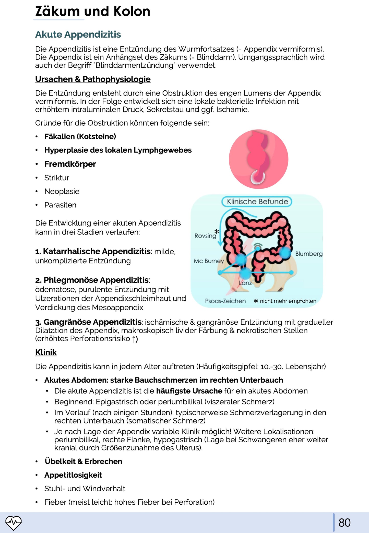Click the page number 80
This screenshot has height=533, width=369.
[x=344, y=523]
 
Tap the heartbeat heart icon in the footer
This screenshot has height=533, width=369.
[x=14, y=523]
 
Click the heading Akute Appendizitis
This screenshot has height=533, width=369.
[x=78, y=34]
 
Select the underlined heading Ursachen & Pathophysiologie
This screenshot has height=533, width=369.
[x=93, y=79]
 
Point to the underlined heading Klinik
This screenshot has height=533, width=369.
[x=46, y=352]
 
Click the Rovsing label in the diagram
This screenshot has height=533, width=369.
[x=205, y=236]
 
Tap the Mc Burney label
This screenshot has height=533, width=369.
[x=209, y=261]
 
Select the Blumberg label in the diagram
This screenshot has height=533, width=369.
[x=309, y=254]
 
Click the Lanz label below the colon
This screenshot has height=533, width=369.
[x=245, y=283]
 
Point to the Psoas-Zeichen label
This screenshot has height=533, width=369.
[x=225, y=301]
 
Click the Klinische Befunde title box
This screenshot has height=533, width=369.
[x=257, y=202]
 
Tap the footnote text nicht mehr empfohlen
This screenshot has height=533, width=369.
[x=288, y=301]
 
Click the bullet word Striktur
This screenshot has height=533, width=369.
[x=57, y=178]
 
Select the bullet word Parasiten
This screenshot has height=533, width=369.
[x=60, y=205]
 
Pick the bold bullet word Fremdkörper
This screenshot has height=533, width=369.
[x=70, y=164]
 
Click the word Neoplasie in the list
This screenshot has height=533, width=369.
[x=62, y=191]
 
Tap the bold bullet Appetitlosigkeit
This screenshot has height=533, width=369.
[x=73, y=475]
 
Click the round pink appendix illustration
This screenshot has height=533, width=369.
[x=258, y=159]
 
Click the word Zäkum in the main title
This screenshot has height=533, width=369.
[x=57, y=11]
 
